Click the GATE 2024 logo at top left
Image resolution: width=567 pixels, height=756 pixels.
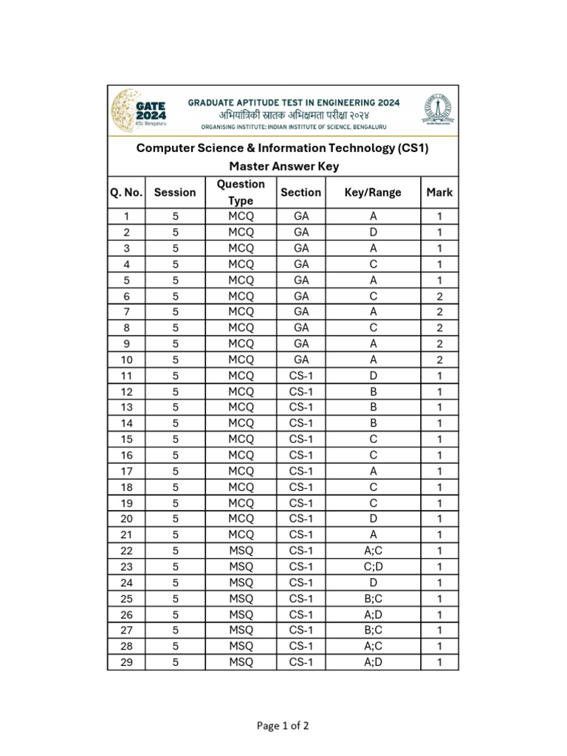[139, 111]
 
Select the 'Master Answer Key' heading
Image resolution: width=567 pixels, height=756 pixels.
[283, 166]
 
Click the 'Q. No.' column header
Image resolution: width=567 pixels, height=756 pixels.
[126, 193]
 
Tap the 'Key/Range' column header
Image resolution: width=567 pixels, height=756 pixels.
[373, 193]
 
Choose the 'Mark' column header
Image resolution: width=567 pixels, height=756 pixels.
[439, 193]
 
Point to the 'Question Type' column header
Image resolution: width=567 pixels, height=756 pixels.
[241, 193]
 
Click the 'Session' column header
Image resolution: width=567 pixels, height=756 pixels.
[175, 193]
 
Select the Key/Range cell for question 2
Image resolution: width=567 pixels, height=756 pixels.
[373, 233]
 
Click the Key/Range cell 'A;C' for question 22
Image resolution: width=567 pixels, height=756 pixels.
[373, 551]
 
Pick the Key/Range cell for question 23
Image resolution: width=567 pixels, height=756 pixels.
[373, 567]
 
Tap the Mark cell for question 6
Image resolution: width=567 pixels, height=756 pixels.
[439, 296]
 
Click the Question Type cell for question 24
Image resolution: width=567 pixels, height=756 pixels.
[241, 583]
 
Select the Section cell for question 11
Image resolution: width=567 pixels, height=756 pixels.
[301, 376]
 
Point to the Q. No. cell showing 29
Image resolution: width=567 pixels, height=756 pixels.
[126, 662]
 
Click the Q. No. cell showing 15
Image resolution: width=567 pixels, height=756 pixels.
[126, 439]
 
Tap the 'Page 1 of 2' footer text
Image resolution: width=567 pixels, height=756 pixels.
[283, 726]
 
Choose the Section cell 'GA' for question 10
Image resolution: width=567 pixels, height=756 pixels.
[301, 360]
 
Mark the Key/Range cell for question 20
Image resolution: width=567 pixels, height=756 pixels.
[373, 519]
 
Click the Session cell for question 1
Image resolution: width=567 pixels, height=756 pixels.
[175, 216]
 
